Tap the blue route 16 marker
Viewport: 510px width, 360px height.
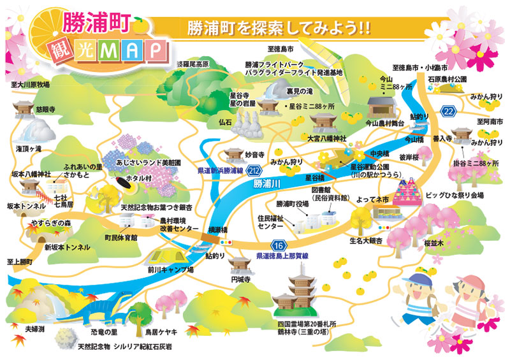click(279, 245)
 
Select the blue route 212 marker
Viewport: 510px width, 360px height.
click(255, 171)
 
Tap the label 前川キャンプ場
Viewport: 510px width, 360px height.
click(170, 270)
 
